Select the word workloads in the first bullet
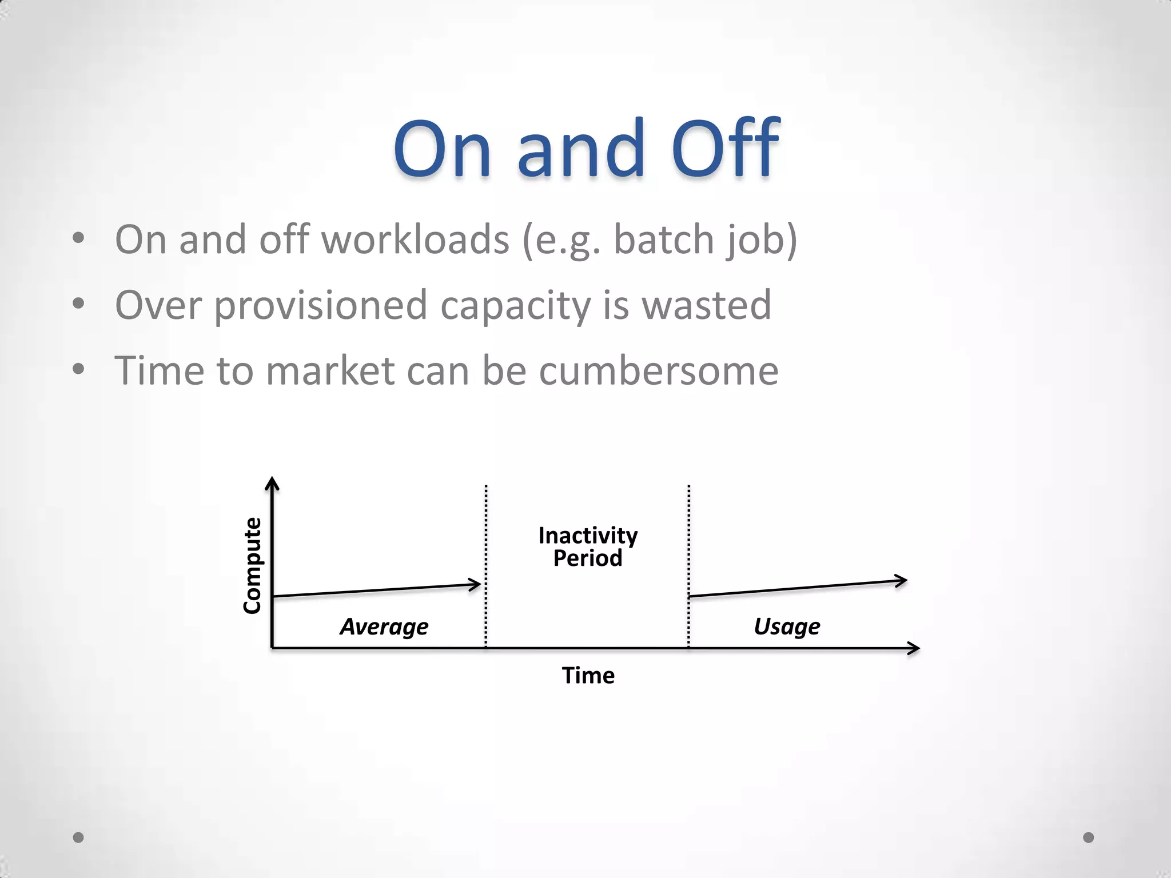point(415,240)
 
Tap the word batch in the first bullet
point(663,240)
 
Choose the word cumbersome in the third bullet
point(659,370)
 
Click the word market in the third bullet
point(330,370)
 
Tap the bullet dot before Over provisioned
point(78,303)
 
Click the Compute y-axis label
point(252,565)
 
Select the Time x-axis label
point(588,676)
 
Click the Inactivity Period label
point(588,546)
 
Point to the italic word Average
point(384,627)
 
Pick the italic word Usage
point(787,627)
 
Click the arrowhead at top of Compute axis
point(273,484)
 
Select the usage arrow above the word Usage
point(798,588)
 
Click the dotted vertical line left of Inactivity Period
point(486,566)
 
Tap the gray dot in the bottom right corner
point(1089,837)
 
